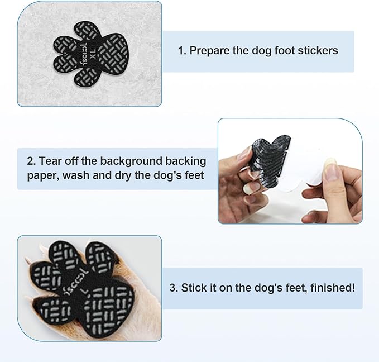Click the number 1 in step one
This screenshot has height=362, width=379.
(181, 50)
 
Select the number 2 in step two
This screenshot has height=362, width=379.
(30, 161)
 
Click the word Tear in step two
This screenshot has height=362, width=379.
(50, 161)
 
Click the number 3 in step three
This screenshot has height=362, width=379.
(172, 288)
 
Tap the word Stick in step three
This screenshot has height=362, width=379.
(193, 288)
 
